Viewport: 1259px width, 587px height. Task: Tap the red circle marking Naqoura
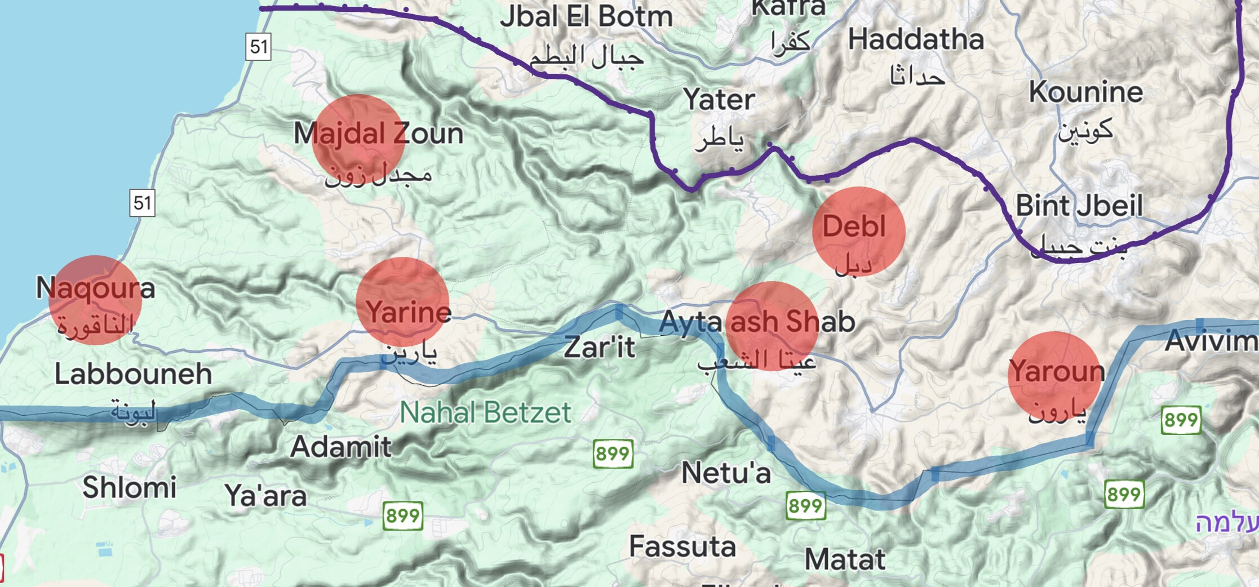[x=95, y=300]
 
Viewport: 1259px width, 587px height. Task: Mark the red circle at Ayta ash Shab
[x=772, y=326]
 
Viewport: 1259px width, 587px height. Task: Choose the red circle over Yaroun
[x=1054, y=377]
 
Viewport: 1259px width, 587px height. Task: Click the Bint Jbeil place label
[x=1079, y=206]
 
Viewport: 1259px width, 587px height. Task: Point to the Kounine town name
[x=1086, y=92]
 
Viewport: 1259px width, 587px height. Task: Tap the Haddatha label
[x=916, y=40]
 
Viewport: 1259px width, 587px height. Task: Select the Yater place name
[x=719, y=100]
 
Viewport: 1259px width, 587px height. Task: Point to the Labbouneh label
[x=133, y=374]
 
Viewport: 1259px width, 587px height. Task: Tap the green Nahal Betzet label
[x=486, y=413]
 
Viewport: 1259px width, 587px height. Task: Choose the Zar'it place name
[x=600, y=347]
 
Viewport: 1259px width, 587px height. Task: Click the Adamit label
[x=341, y=447]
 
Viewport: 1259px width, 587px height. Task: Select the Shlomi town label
[x=130, y=487]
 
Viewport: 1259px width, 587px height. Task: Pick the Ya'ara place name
[x=266, y=496]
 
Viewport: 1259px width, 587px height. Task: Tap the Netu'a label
[x=726, y=473]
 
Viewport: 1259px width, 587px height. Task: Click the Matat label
[x=845, y=560]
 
